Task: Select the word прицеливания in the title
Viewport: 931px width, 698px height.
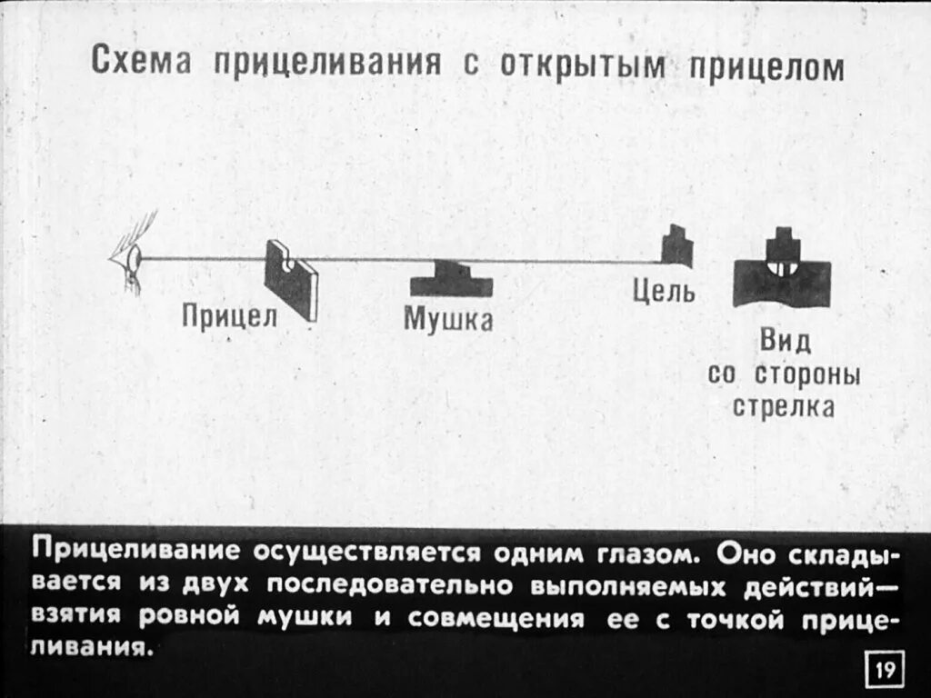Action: point(327,65)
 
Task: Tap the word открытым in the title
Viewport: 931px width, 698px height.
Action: point(582,67)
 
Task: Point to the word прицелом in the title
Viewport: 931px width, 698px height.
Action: point(764,69)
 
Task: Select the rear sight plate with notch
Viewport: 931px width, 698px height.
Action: point(291,277)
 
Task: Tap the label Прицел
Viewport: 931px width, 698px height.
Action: point(223,316)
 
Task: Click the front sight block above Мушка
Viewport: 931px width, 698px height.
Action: point(451,279)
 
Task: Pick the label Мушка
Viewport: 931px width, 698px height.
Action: point(448,319)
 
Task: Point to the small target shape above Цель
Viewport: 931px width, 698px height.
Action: point(676,246)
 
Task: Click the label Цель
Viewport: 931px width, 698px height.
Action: point(665,292)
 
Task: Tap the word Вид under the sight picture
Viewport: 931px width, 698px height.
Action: point(784,344)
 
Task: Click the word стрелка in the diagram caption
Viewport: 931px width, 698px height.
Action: point(784,406)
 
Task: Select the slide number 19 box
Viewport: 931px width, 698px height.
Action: point(884,672)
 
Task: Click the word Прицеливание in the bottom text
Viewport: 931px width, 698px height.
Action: point(135,553)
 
